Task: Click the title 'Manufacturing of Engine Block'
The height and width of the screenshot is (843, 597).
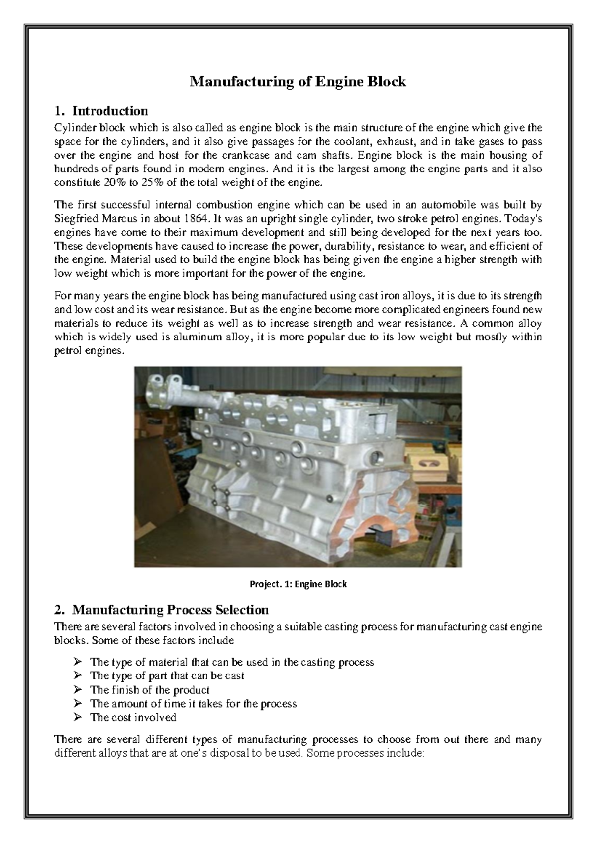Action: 298,82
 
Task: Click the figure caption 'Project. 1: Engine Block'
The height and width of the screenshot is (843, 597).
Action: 298,584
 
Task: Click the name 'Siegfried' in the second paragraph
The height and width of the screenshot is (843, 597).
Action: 74,218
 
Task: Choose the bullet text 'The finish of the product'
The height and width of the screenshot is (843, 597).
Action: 149,690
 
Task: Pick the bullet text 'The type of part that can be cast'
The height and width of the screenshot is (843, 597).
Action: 167,676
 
